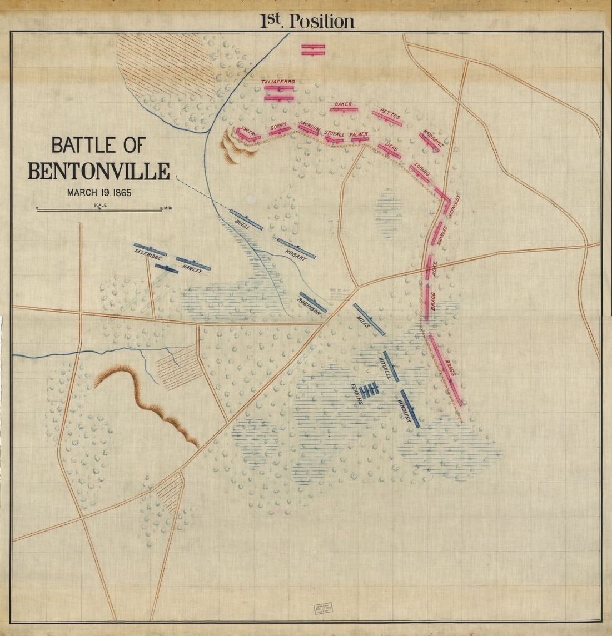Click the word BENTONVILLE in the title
pyautogui.click(x=98, y=171)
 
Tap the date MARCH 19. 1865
pyautogui.click(x=98, y=193)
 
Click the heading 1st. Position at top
pyautogui.click(x=307, y=21)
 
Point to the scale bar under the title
pyautogui.click(x=99, y=209)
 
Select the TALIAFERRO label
pyautogui.click(x=278, y=82)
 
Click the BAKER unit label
pyautogui.click(x=344, y=104)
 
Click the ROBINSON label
pyautogui.click(x=310, y=306)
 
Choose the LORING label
pyautogui.click(x=422, y=169)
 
